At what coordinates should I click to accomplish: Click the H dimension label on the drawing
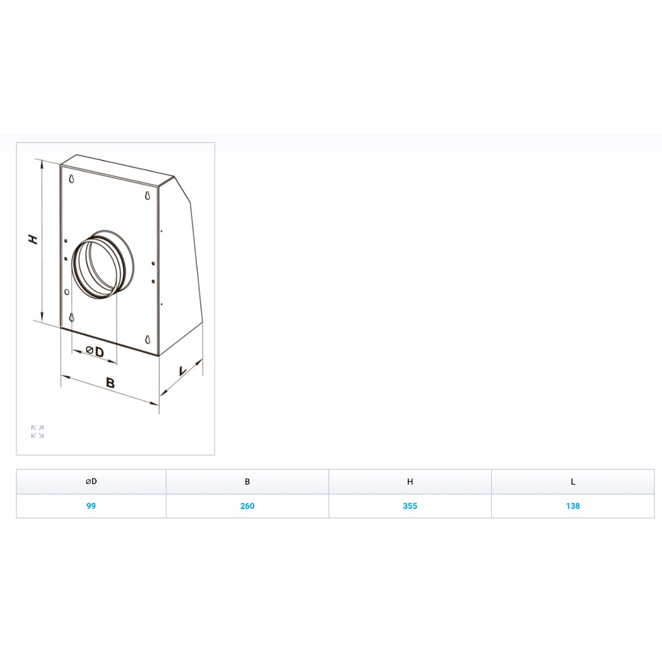[x=33, y=240]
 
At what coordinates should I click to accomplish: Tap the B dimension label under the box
[x=110, y=383]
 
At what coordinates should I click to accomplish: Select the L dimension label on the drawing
[x=183, y=371]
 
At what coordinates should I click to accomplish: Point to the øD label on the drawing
[x=95, y=352]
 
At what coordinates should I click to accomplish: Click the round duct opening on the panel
[x=103, y=265]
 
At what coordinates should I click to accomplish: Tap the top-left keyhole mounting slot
[x=71, y=179]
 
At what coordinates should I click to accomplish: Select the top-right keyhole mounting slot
[x=148, y=196]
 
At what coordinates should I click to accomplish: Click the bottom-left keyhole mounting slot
[x=71, y=318]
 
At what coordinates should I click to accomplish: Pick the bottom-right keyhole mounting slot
[x=148, y=340]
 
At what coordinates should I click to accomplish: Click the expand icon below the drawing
[x=37, y=432]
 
